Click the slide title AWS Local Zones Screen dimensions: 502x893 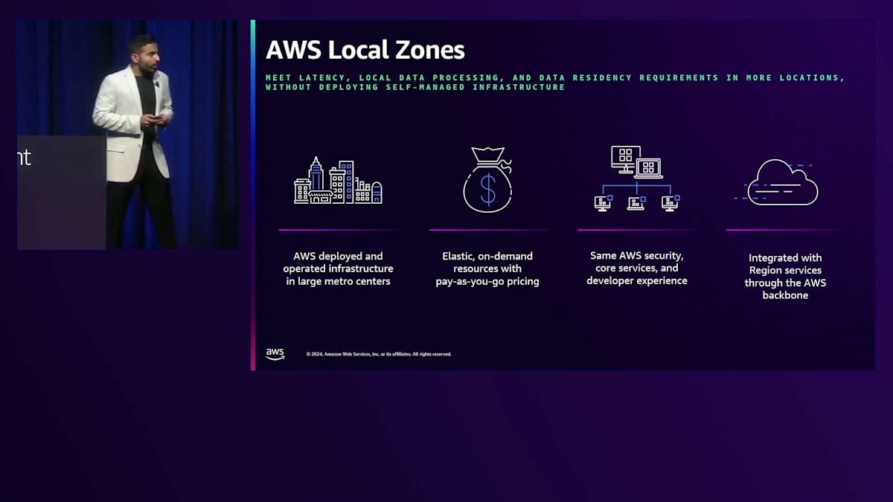click(365, 50)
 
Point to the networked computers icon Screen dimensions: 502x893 click(636, 178)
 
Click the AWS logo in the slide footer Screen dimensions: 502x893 click(275, 354)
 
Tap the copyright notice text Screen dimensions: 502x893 click(379, 354)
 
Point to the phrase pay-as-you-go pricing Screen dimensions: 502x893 click(487, 282)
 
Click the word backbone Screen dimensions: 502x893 click(785, 295)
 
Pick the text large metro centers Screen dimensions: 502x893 click(338, 281)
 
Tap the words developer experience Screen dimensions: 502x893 click(636, 280)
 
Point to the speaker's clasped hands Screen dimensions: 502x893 click(158, 119)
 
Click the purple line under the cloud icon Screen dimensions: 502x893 click(785, 230)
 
